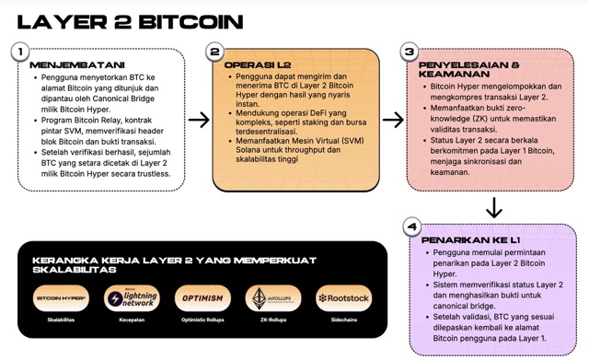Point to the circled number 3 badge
(410, 52)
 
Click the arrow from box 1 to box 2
(198, 120)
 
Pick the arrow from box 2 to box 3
(393, 120)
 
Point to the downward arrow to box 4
(493, 207)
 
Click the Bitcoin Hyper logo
(61, 298)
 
